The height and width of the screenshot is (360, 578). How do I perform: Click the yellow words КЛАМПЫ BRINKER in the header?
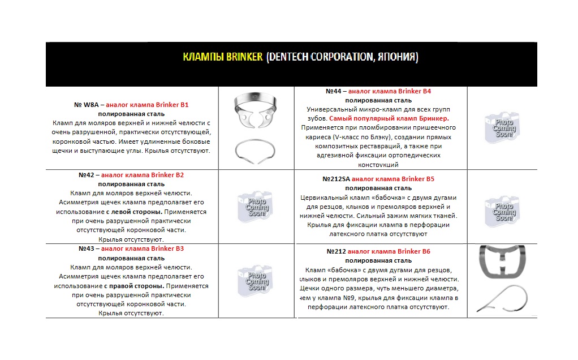click(223, 57)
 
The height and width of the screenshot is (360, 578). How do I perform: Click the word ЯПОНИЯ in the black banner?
click(396, 57)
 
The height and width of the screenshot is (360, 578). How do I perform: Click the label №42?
click(89, 175)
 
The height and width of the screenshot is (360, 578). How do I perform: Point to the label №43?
click(89, 248)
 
